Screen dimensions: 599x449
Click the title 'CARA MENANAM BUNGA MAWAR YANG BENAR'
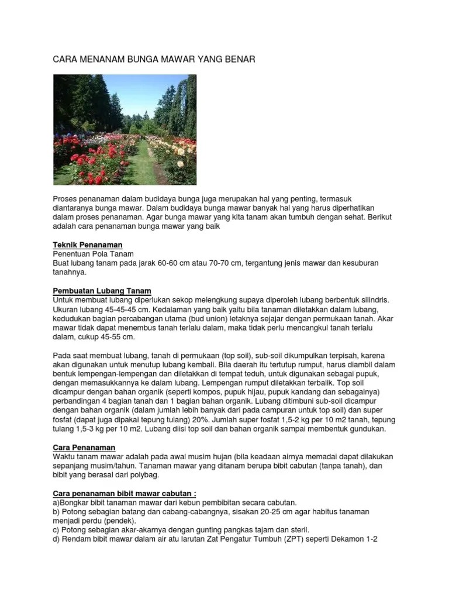click(154, 60)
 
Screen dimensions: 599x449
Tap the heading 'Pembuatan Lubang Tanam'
click(102, 291)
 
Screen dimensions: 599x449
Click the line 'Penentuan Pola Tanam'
click(94, 254)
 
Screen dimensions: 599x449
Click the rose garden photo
click(125, 129)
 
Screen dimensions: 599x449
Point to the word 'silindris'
click(372, 300)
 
